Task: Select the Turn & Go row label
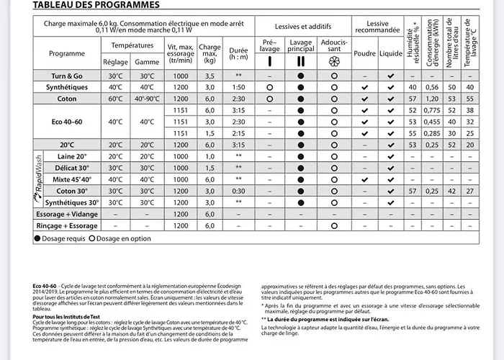67,76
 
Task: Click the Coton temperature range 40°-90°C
147,99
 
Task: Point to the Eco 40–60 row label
67,122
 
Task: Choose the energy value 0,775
432,110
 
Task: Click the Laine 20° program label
72,156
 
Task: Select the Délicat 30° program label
72,168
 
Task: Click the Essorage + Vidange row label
67,214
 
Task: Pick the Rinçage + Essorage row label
67,225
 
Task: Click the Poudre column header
365,53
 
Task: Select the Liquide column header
391,53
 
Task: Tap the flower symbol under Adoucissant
333,62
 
